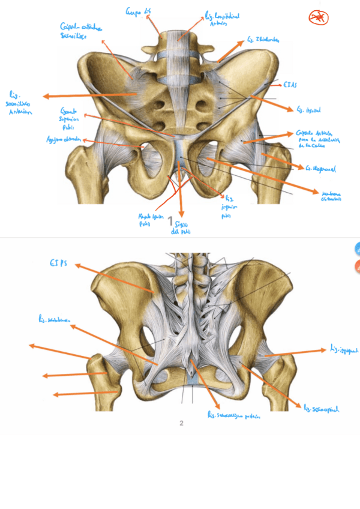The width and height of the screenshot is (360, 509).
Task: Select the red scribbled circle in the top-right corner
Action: click(319, 18)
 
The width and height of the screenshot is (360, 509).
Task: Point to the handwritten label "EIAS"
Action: click(291, 85)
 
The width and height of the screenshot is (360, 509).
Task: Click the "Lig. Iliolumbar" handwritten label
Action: click(262, 40)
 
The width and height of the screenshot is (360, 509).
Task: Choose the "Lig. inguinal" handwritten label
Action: click(308, 110)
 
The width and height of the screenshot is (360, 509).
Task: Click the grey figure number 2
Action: click(181, 423)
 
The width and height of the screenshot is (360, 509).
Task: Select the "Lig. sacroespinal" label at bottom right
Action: click(322, 409)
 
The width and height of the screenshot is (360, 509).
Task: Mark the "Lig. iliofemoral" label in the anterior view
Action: click(319, 169)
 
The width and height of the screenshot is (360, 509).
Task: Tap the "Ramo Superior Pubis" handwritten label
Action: click(70, 116)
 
